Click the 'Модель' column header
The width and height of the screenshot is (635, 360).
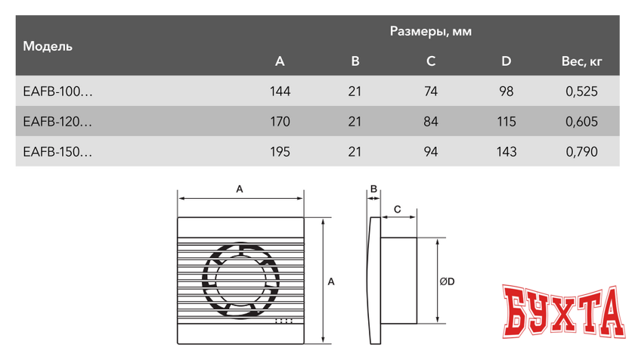pyautogui.click(x=48, y=46)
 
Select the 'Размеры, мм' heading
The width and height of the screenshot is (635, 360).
pyautogui.click(x=431, y=31)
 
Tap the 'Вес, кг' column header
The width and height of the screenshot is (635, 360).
pyautogui.click(x=581, y=61)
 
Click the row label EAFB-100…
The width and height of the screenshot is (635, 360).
pyautogui.click(x=58, y=92)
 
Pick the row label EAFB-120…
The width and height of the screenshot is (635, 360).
pyautogui.click(x=58, y=121)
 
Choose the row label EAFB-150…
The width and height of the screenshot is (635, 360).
pyautogui.click(x=58, y=151)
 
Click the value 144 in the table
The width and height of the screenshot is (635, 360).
pyautogui.click(x=280, y=92)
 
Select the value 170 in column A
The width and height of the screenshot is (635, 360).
pyautogui.click(x=280, y=121)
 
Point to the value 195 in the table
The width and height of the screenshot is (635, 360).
pyautogui.click(x=280, y=151)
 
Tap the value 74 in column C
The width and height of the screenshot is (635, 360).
pyautogui.click(x=431, y=92)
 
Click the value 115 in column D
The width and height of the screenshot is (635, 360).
pyautogui.click(x=506, y=121)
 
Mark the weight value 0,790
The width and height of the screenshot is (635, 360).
pyautogui.click(x=581, y=151)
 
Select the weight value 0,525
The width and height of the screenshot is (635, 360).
pyautogui.click(x=581, y=92)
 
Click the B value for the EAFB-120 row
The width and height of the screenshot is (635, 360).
pyautogui.click(x=355, y=121)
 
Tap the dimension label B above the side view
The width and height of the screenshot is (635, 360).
pyautogui.click(x=373, y=189)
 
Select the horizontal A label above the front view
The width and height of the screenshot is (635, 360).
pyautogui.click(x=240, y=189)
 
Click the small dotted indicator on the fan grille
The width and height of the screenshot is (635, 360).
pyautogui.click(x=284, y=321)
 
